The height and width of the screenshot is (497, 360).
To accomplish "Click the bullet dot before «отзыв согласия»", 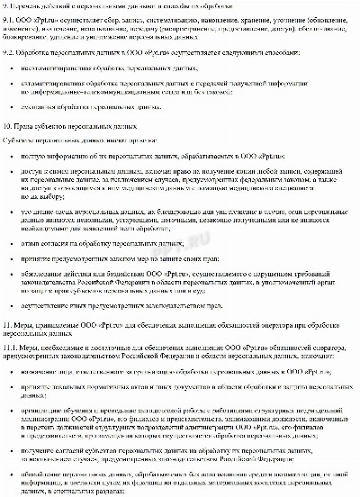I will pos(10,242).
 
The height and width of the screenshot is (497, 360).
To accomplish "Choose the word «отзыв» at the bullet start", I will pos(30,242).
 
